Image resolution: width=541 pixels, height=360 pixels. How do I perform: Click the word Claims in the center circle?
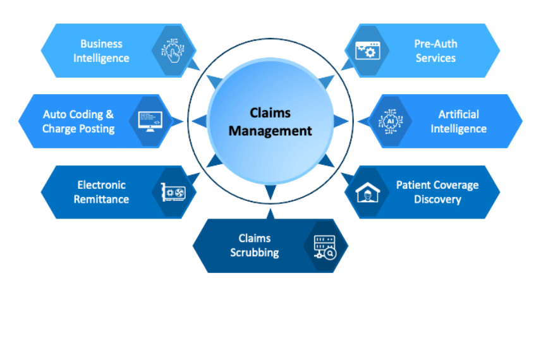tap(270, 113)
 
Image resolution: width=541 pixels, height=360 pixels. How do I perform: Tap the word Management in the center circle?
tap(270, 131)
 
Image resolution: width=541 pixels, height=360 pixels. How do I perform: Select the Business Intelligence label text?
tap(101, 51)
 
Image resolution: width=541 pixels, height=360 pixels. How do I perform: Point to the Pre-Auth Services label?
tap(435, 51)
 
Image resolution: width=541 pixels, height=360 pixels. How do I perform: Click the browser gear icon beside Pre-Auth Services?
tap(367, 51)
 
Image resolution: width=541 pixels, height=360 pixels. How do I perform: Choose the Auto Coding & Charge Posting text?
tap(78, 122)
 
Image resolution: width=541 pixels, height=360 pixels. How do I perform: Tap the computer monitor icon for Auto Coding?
tap(150, 121)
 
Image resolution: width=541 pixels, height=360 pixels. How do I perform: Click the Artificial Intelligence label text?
tap(459, 122)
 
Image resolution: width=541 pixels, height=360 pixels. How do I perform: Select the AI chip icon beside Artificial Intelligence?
tap(390, 121)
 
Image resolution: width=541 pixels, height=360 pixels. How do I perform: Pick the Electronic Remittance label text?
tap(101, 192)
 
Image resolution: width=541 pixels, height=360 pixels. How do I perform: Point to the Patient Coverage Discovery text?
tap(437, 192)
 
